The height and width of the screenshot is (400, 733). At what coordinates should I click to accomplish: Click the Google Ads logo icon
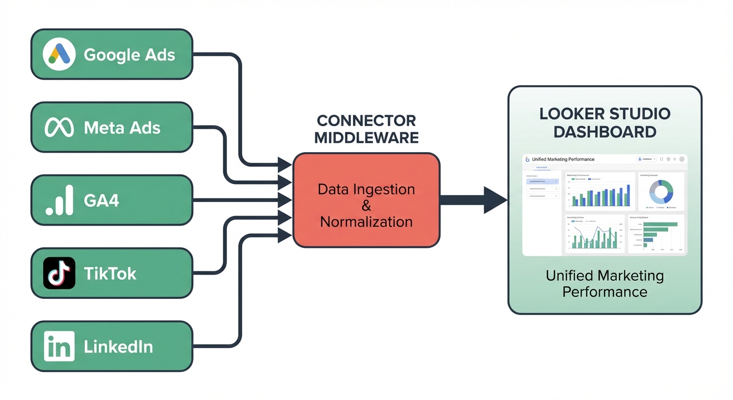pyautogui.click(x=59, y=54)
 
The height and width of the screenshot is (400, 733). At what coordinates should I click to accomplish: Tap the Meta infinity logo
pyautogui.click(x=59, y=128)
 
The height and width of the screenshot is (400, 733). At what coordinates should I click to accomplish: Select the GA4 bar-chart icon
pyautogui.click(x=59, y=201)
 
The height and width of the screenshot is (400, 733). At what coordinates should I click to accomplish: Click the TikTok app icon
pyautogui.click(x=59, y=273)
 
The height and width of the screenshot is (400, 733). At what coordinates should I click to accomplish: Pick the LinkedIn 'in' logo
pyautogui.click(x=59, y=346)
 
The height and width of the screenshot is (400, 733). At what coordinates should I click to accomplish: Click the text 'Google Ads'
pyautogui.click(x=129, y=55)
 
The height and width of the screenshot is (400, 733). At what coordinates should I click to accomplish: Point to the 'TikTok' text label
pyautogui.click(x=110, y=273)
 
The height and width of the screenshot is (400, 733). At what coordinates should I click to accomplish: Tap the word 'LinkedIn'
pyautogui.click(x=118, y=347)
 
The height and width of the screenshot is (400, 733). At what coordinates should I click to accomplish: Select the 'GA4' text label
pyautogui.click(x=101, y=201)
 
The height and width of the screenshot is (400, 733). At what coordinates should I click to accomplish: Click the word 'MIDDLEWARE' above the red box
pyautogui.click(x=366, y=137)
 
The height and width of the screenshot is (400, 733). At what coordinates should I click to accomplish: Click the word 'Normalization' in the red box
pyautogui.click(x=366, y=222)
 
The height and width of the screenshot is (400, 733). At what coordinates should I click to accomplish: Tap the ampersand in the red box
pyautogui.click(x=366, y=206)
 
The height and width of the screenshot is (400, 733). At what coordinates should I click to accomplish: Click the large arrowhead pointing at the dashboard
pyautogui.click(x=495, y=200)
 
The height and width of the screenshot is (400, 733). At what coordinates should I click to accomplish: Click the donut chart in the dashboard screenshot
pyautogui.click(x=661, y=192)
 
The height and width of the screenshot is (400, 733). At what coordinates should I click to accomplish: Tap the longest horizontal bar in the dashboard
pyautogui.click(x=660, y=224)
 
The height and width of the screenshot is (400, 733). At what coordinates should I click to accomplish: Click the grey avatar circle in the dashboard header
pyautogui.click(x=681, y=159)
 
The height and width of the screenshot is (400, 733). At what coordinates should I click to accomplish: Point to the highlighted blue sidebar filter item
pyautogui.click(x=542, y=182)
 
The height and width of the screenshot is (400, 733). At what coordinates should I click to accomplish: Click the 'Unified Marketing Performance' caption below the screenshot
pyautogui.click(x=604, y=283)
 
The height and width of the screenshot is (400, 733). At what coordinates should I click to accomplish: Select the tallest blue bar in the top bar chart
pyautogui.click(x=628, y=195)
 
